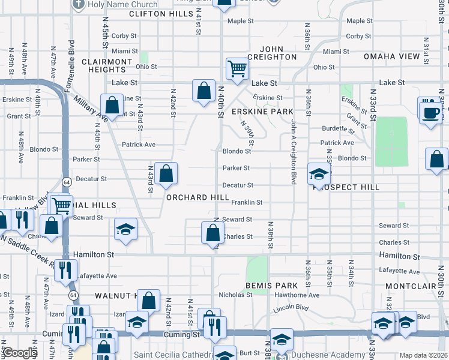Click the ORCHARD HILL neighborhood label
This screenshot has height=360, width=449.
point(197,197)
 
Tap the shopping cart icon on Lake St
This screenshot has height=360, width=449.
point(238,70)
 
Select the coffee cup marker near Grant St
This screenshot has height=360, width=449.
point(430,113)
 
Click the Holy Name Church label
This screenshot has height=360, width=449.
point(122,4)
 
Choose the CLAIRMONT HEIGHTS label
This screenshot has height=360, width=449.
point(106,65)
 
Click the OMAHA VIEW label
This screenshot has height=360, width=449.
point(391,56)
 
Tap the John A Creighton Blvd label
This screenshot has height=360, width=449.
point(294,151)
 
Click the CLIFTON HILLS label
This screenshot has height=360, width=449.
point(160,13)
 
